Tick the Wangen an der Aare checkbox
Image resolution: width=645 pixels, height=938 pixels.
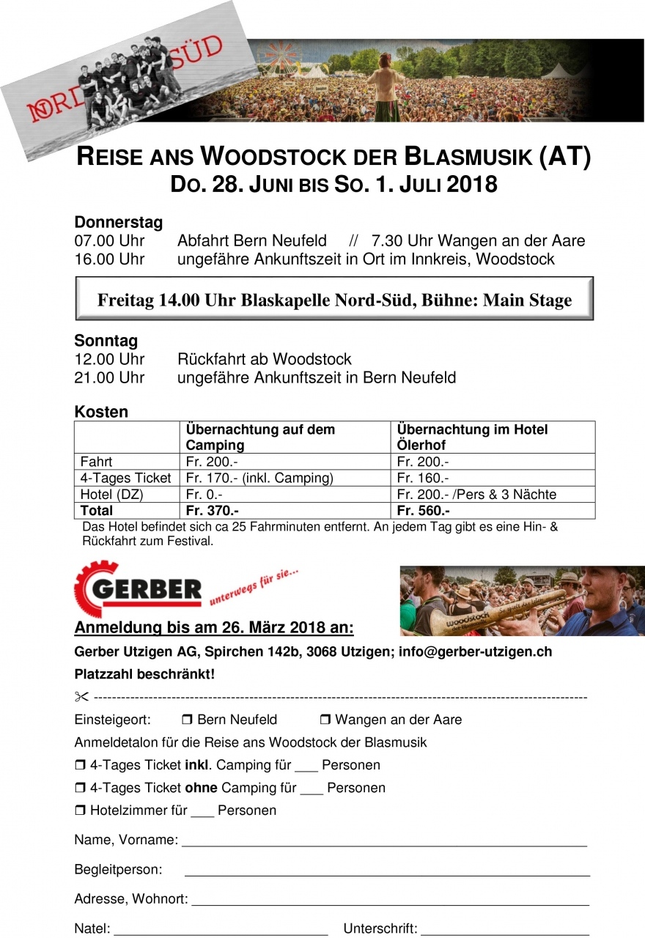[x=325, y=720]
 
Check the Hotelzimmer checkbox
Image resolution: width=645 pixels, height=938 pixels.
[x=80, y=810]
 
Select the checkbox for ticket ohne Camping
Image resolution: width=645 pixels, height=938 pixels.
[x=80, y=788]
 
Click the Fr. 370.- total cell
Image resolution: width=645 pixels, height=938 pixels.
[x=213, y=511]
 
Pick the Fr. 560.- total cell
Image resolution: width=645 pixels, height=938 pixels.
[x=423, y=511]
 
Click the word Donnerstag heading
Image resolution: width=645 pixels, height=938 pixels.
[x=118, y=222]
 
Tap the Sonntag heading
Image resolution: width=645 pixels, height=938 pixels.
[x=106, y=341]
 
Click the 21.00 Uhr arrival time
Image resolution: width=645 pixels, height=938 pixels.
[x=109, y=378]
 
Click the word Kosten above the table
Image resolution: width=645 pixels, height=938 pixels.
[x=101, y=412]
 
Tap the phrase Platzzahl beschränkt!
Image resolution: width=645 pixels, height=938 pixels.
[x=144, y=674]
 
